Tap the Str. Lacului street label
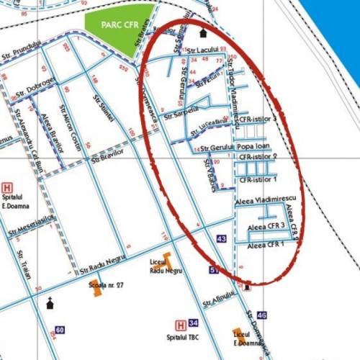click(x=202, y=51)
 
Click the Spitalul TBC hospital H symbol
click(x=181, y=325)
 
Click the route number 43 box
click(x=221, y=239)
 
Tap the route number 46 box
click(x=261, y=315)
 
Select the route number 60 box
click(x=60, y=330)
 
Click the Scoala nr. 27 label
click(x=107, y=285)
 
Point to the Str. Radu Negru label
click(x=104, y=266)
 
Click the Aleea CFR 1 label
click(x=266, y=245)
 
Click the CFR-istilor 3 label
click(x=257, y=118)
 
